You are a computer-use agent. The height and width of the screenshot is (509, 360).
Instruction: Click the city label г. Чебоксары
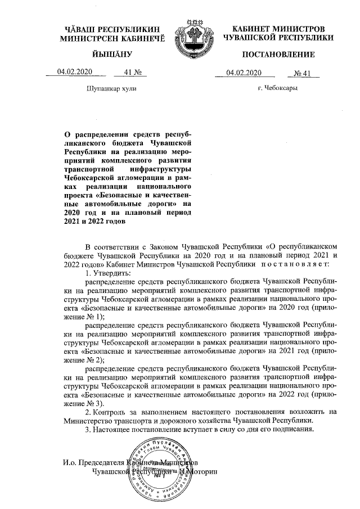(278, 88)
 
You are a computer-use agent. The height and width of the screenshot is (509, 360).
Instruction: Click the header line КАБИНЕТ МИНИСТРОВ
(278, 28)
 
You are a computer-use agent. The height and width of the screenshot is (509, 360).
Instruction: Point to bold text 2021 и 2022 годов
(95, 221)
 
